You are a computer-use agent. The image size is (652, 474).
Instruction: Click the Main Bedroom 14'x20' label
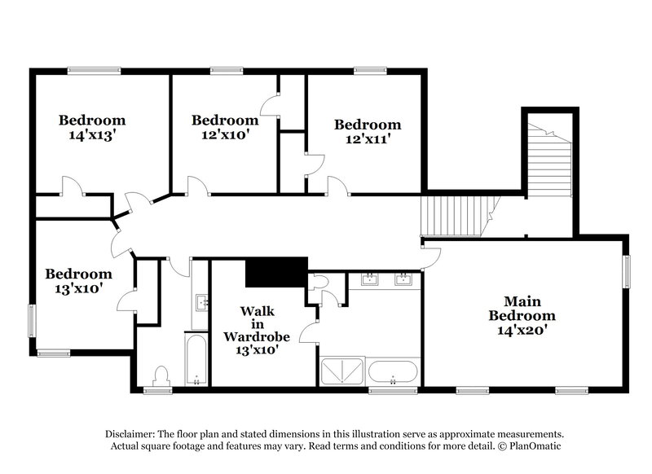coord(522,315)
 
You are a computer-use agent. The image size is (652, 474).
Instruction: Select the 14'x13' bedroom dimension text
coord(92,135)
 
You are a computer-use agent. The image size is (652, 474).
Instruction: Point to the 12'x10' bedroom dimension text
coord(225,135)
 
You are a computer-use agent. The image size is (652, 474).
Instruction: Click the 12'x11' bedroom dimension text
coord(368,139)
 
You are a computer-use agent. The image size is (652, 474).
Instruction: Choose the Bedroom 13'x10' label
coord(78,281)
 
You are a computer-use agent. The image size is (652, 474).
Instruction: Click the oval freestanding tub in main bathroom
coord(393,373)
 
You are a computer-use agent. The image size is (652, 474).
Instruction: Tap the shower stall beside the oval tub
coord(342,373)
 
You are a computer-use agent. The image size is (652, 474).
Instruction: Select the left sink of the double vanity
coord(370,280)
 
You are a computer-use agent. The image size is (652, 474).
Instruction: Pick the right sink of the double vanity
coord(403,280)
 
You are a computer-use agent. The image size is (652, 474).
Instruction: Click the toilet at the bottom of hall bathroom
coord(161,375)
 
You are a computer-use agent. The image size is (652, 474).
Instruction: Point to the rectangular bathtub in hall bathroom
coord(196,358)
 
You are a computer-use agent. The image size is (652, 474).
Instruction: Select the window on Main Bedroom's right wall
coord(627,273)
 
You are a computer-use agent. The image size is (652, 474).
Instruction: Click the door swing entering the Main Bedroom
coord(432,257)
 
